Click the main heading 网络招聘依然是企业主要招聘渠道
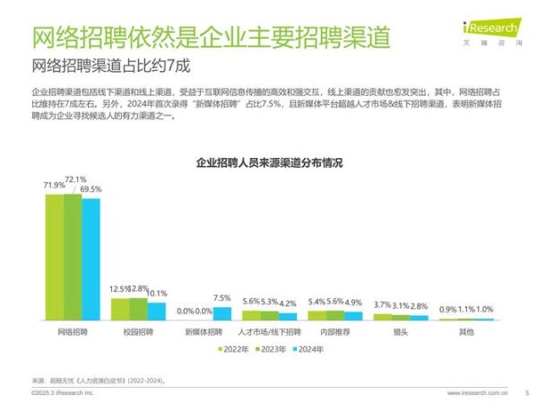click(211, 39)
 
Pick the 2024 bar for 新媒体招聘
click(221, 313)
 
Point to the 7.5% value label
click(221, 298)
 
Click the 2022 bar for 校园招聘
click(119, 309)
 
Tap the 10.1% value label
click(156, 293)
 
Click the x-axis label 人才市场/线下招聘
click(270, 332)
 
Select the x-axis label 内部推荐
click(334, 332)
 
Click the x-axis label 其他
click(466, 332)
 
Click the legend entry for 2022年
click(234, 348)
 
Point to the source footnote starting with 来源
click(99, 381)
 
